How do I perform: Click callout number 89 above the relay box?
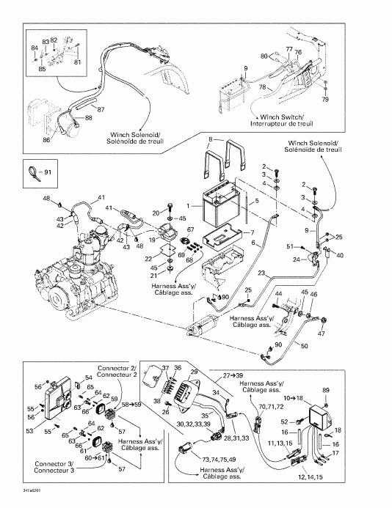tap(326, 390)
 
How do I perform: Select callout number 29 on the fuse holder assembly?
tap(195, 373)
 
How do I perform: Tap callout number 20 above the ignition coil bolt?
tap(156, 213)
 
